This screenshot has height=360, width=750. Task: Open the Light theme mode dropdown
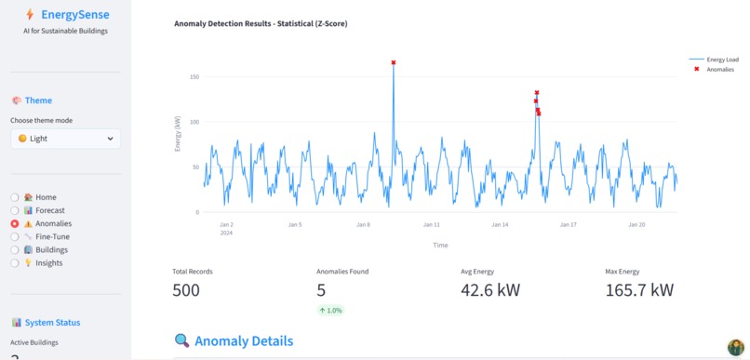tap(65, 139)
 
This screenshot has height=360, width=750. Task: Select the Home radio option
tap(15, 197)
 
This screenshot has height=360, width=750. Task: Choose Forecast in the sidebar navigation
tap(15, 210)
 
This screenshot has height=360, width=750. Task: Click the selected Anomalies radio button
tap(15, 223)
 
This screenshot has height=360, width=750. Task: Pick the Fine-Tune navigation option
tap(15, 236)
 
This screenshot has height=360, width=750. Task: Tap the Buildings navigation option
tap(15, 249)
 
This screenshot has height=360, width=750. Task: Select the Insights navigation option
tap(15, 262)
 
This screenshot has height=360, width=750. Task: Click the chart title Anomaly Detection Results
tap(261, 23)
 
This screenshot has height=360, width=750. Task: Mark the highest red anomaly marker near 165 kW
tap(394, 62)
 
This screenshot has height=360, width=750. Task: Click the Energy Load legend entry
tap(722, 59)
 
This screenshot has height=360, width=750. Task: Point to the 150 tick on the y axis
tap(194, 77)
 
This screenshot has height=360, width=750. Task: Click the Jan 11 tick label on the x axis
tap(431, 224)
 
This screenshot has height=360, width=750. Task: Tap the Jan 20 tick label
tap(637, 224)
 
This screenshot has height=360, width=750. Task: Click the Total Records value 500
tap(186, 290)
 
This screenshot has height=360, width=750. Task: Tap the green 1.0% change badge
tap(329, 310)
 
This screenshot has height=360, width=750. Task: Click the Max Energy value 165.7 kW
tap(639, 290)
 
